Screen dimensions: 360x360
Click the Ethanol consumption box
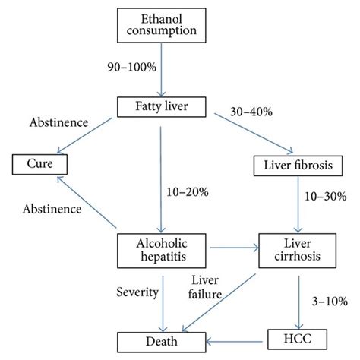point(162,25)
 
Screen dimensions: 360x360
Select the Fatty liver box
point(162,107)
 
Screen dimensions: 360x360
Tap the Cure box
point(39,164)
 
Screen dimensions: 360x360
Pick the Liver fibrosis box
point(298,166)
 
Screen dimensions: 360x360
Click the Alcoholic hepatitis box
point(162,251)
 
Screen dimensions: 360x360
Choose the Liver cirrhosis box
point(298,251)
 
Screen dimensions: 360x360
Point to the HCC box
point(297,339)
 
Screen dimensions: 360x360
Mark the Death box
point(162,342)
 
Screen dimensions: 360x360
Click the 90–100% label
point(131,67)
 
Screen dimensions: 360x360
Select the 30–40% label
point(251,112)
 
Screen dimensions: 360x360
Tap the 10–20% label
point(188,192)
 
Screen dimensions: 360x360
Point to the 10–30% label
point(325,197)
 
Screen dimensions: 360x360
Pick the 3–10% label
point(330,302)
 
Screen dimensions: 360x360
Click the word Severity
point(137,292)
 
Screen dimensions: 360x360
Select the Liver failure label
point(205,287)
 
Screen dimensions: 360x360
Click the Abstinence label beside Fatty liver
point(58,122)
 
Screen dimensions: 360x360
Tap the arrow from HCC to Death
point(235,342)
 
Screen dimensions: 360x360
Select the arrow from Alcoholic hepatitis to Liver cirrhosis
point(234,248)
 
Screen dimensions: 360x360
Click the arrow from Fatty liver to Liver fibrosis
point(254,134)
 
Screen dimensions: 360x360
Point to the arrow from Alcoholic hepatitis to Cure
point(87,202)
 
